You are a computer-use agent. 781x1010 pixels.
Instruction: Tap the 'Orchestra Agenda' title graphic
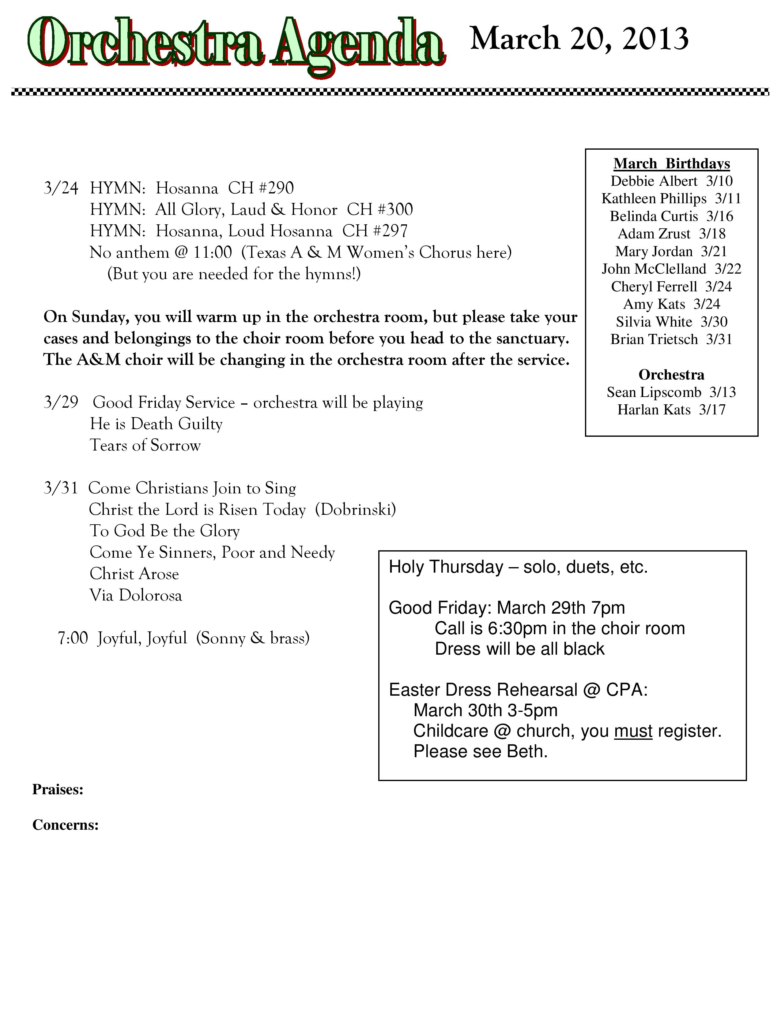tap(236, 45)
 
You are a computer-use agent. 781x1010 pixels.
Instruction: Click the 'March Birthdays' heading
tap(671, 164)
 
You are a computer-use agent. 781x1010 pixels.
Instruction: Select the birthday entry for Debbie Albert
tap(671, 181)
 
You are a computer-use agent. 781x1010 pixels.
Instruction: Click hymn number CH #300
tap(380, 209)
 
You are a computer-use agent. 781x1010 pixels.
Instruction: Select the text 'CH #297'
tap(375, 231)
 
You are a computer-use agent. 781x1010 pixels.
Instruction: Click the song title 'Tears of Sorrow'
tap(145, 445)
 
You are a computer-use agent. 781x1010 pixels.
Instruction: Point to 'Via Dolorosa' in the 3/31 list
tap(136, 595)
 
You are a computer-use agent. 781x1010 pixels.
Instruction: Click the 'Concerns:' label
tap(65, 825)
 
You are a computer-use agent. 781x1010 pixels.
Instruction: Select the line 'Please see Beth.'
tap(480, 751)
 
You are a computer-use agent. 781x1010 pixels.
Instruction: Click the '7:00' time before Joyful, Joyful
tap(73, 638)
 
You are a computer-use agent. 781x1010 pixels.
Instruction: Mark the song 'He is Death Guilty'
tap(156, 424)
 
